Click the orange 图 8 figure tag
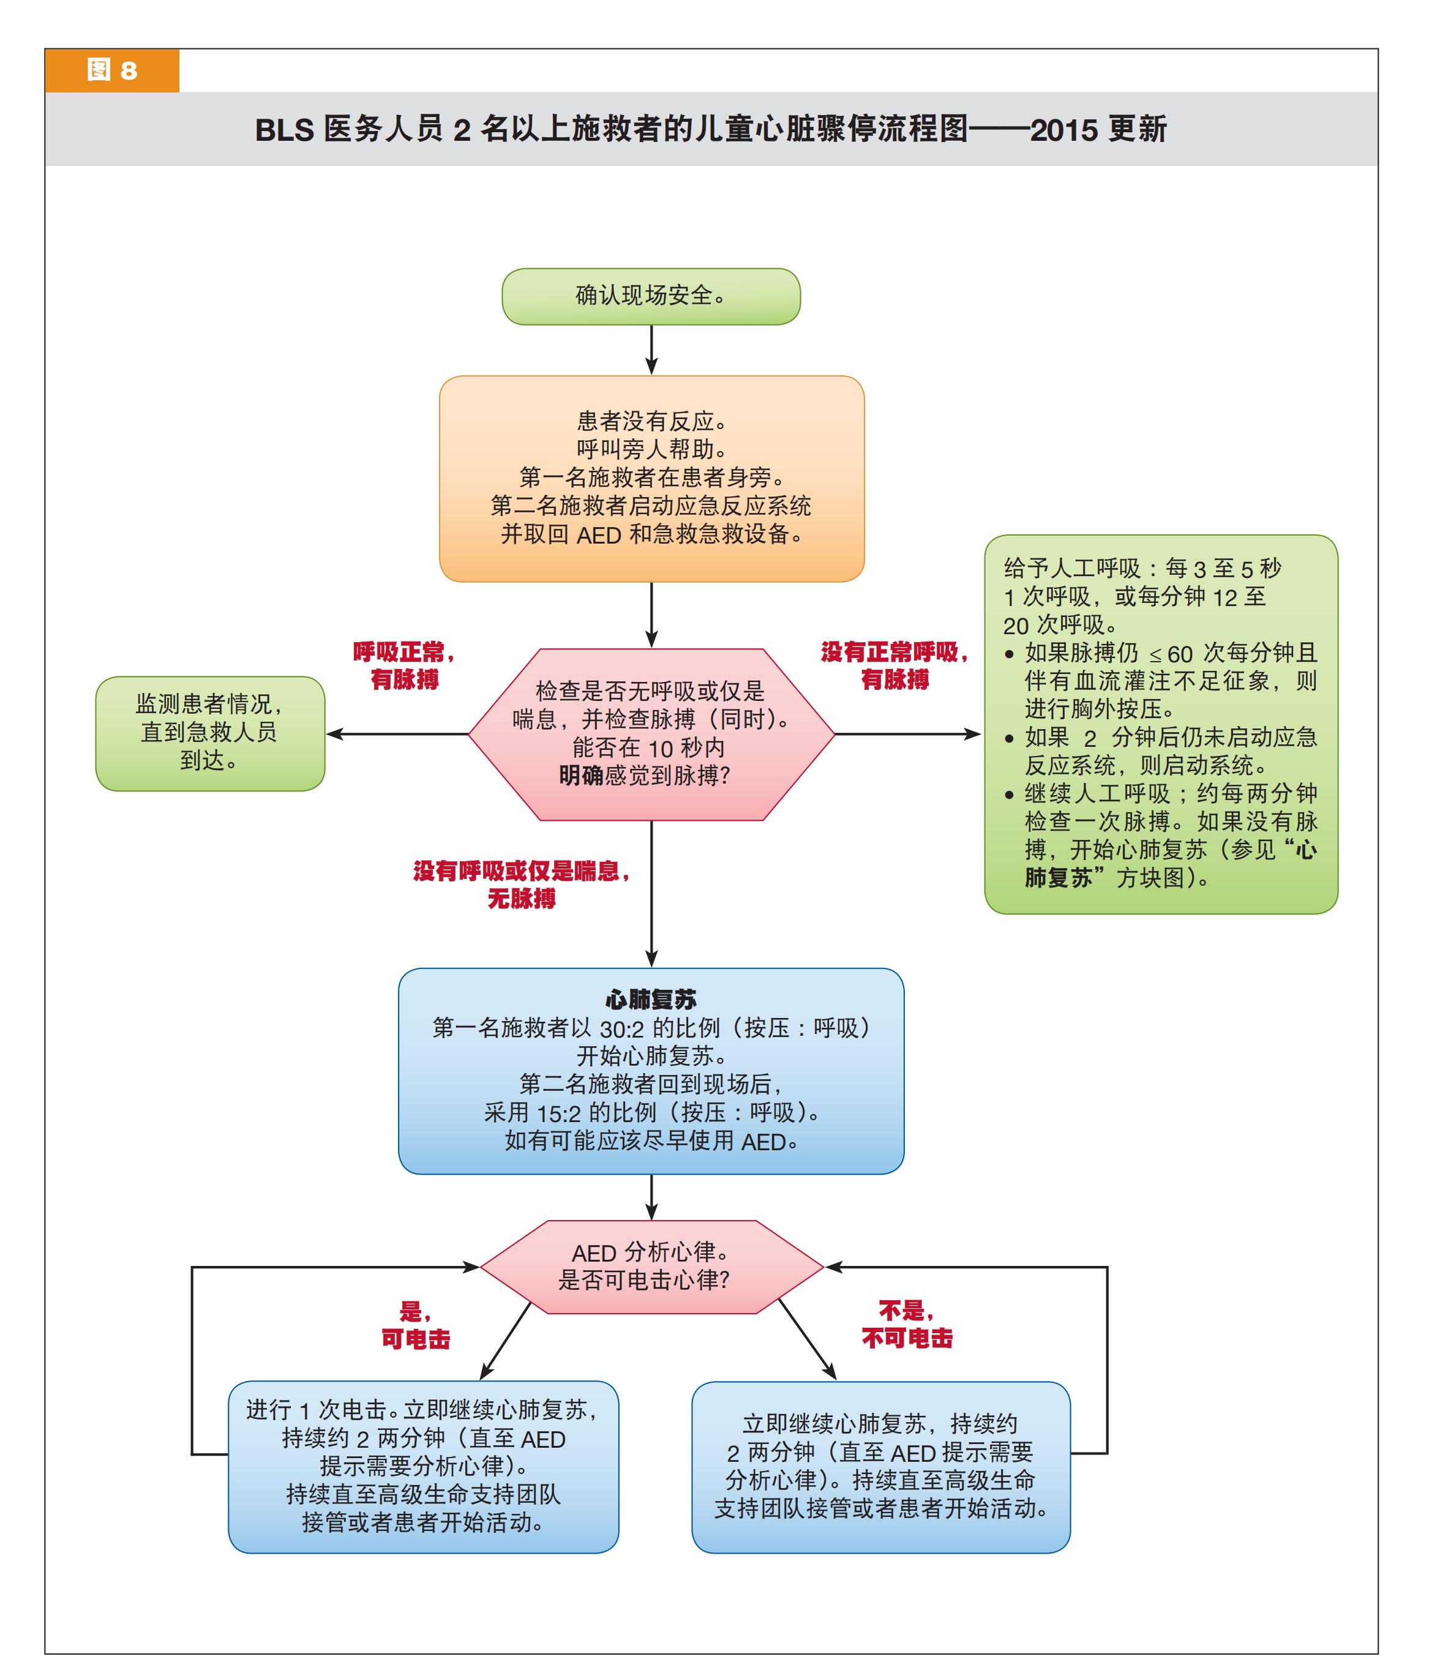pyautogui.click(x=111, y=70)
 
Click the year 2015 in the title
pyautogui.click(x=1064, y=130)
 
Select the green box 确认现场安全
pyautogui.click(x=651, y=296)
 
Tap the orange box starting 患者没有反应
pyautogui.click(x=651, y=478)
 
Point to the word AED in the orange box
pyautogui.click(x=599, y=535)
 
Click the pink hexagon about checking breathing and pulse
pyautogui.click(x=651, y=734)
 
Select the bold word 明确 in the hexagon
pyautogui.click(x=581, y=776)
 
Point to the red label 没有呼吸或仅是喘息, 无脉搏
pyautogui.click(x=522, y=885)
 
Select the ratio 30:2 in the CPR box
pyautogui.click(x=622, y=1028)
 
